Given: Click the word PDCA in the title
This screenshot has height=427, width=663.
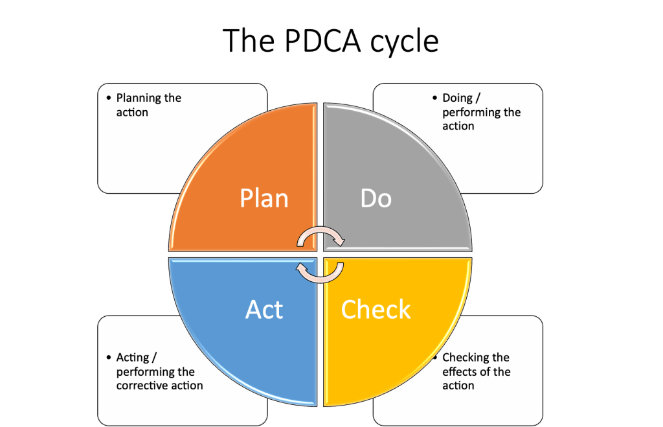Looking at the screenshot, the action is tap(322, 41).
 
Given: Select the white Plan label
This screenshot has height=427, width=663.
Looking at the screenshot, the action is tap(264, 198).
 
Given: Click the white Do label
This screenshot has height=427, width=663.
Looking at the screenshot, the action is tap(376, 198).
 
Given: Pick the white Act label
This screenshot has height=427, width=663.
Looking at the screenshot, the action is tap(264, 309).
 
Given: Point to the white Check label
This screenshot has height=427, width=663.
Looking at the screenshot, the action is tap(376, 309).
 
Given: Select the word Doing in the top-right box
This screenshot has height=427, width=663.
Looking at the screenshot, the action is tap(457, 98).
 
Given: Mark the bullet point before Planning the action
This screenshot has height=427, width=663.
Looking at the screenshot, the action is tap(109, 98).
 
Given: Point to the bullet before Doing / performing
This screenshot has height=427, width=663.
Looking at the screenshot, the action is tap(434, 98).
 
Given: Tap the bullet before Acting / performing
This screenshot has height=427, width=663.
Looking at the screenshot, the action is tap(109, 357).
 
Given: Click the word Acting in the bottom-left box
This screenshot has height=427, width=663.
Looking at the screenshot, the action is tap(133, 358).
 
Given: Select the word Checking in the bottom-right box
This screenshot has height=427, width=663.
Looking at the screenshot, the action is tap(463, 358).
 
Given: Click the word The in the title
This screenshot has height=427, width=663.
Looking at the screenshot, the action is tap(249, 41).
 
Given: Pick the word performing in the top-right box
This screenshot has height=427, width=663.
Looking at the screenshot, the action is tap(470, 113).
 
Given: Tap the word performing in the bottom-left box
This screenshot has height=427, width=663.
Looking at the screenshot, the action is tap(144, 373).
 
